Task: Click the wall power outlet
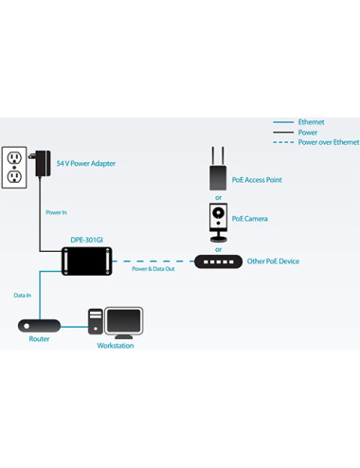tap(14, 168)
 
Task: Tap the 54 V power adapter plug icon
tap(41, 163)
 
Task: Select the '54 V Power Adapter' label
tap(86, 164)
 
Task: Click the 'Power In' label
tap(57, 212)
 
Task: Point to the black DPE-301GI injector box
tap(87, 261)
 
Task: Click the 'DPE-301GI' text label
tap(87, 240)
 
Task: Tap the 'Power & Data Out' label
tap(153, 269)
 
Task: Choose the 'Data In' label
tap(23, 296)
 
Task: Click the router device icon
tap(39, 326)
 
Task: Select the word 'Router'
tap(39, 339)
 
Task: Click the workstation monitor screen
tap(123, 320)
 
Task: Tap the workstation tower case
tap(96, 321)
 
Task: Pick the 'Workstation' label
tap(116, 346)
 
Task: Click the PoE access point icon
tap(218, 169)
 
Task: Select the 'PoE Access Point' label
tap(257, 180)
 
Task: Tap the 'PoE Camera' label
tap(250, 219)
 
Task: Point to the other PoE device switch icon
tap(218, 261)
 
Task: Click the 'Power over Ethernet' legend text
tap(329, 142)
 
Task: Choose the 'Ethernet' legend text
tap(312, 122)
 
